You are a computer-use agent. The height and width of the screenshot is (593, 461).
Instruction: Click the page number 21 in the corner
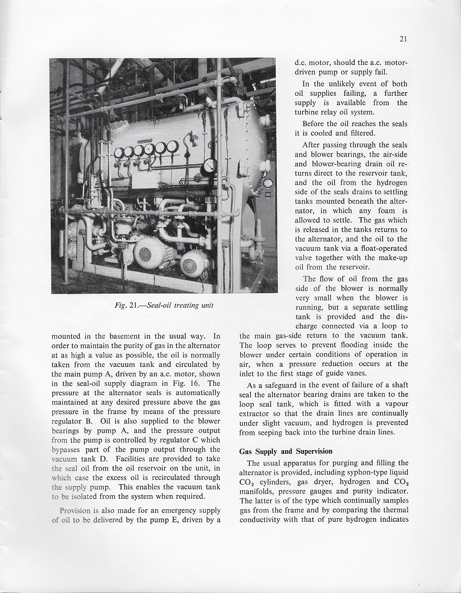coord(402,39)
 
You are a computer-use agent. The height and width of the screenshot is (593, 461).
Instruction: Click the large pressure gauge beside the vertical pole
coord(209,166)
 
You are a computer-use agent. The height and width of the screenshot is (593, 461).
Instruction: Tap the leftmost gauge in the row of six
coord(119,153)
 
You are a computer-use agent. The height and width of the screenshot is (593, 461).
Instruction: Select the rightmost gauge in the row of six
coord(173,147)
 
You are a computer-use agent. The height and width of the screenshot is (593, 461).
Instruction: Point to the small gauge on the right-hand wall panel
coord(268,183)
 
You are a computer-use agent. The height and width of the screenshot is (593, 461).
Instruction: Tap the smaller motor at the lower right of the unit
coord(193,263)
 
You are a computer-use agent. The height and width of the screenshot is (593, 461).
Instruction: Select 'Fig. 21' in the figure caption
coord(127,306)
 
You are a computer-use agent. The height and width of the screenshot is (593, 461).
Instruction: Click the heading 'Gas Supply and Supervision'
coord(286,451)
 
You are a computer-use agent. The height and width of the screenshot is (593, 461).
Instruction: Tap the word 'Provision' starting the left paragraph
coord(76,510)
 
